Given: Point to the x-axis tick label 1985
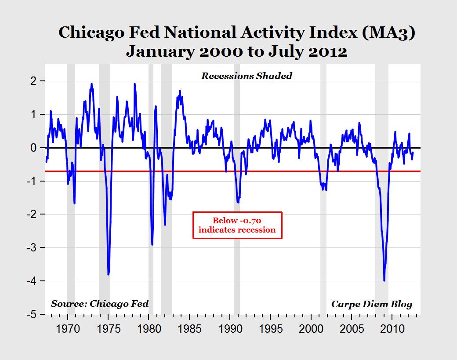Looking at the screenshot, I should pos(189,329).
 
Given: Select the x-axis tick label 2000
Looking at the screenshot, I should pos(311,329).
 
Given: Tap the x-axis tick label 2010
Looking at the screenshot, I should pos(392,329).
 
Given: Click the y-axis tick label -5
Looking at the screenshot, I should pos(33,314).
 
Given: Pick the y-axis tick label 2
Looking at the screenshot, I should pos(36,81).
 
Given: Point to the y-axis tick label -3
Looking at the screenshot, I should pos(33,247).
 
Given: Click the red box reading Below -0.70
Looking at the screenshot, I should pos(237,225).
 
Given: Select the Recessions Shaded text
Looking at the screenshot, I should pos(247,76).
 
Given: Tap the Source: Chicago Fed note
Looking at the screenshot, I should pos(100,303).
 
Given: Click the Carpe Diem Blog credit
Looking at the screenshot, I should pos(372,304).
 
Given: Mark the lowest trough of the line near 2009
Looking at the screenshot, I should pos(384,280).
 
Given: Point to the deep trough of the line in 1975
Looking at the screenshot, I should pos(109,274).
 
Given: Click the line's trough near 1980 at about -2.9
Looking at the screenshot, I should pos(152,244).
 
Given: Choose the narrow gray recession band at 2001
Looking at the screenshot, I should pos(323,189).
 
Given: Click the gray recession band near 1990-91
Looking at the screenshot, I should pos(237,189).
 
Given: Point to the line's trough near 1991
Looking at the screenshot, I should pos(238,202).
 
